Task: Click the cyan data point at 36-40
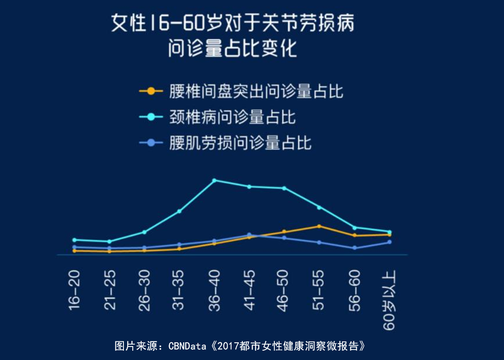214,180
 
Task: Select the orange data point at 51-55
319,226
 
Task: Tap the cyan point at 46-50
284,188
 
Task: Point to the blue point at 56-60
354,248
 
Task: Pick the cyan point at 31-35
179,211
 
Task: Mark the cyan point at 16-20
75,240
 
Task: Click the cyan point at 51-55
319,207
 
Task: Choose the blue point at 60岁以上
389,242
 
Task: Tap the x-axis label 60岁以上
389,300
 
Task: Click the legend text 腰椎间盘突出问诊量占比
256,91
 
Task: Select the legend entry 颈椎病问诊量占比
232,117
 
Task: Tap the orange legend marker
150,91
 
